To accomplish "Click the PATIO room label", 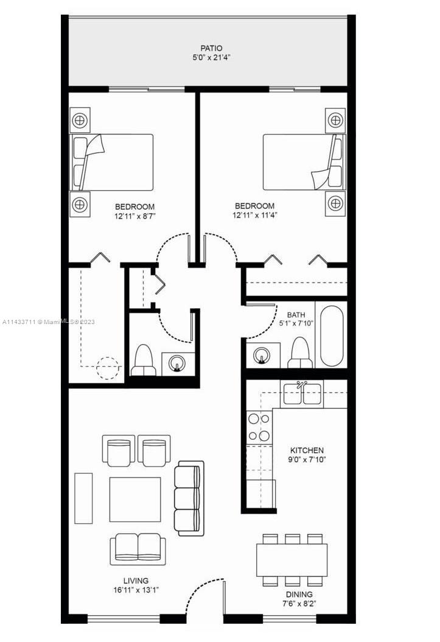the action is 211,48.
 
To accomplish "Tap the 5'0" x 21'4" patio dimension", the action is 211,58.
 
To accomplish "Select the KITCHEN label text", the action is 307,450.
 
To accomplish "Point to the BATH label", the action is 296,315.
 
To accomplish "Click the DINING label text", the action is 299,594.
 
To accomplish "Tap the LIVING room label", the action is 136,580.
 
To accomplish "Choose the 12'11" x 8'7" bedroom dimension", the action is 135,216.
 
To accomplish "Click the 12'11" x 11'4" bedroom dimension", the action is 255,216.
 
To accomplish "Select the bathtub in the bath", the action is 331,336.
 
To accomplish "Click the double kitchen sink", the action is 302,393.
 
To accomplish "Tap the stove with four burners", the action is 259,427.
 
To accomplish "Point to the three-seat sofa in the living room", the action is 189,498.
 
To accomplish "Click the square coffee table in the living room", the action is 135,499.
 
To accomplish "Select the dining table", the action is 292,560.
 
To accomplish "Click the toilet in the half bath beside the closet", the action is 144,361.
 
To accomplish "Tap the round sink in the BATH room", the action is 261,355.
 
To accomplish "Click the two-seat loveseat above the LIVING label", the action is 138,549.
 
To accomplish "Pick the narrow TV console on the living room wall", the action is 83,498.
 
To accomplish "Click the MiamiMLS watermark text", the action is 48,322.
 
